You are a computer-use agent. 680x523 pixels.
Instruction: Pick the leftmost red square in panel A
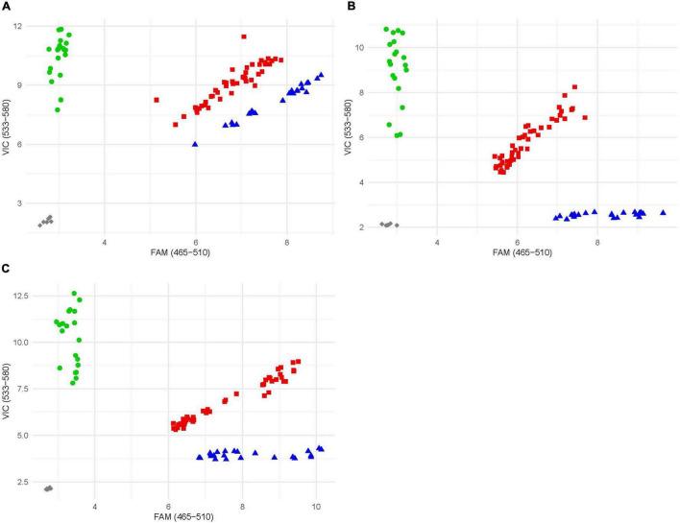click(x=156, y=100)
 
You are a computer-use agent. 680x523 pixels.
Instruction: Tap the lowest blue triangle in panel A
click(x=195, y=144)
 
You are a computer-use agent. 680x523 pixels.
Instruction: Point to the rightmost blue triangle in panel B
click(x=663, y=213)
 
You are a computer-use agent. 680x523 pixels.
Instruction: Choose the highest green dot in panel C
click(x=74, y=294)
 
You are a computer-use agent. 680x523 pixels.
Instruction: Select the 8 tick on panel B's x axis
click(x=596, y=241)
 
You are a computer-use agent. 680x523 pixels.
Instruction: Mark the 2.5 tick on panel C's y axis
click(x=21, y=482)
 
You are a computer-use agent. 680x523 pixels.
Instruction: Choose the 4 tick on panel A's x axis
click(x=104, y=241)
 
